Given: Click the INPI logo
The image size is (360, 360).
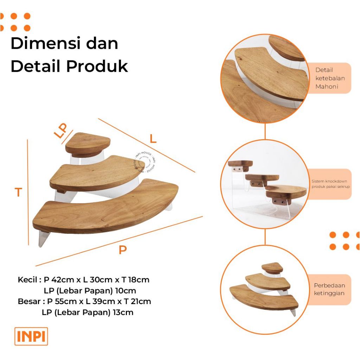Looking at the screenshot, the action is click(x=31, y=336).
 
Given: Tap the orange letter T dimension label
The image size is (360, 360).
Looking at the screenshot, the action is click(x=18, y=192).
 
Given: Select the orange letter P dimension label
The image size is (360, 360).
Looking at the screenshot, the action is click(x=122, y=250).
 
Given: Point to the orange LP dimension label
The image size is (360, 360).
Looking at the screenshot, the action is click(x=61, y=130).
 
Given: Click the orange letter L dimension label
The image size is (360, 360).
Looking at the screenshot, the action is click(x=153, y=139).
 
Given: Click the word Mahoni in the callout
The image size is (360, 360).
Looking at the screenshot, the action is click(x=327, y=86).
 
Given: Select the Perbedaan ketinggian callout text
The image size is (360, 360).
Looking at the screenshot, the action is click(x=329, y=289).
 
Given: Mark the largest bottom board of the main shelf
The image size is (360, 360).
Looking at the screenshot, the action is click(x=105, y=211).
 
